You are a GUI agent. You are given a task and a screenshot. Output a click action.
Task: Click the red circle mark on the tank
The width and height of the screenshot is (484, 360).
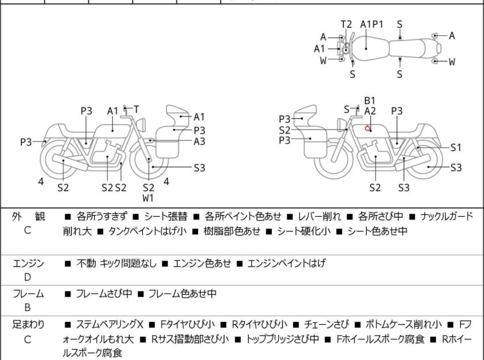click(x=367, y=128)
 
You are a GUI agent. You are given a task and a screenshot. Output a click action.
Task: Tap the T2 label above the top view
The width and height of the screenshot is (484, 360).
click(x=346, y=24)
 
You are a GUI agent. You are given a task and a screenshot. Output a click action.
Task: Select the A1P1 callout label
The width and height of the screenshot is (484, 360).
click(x=372, y=24)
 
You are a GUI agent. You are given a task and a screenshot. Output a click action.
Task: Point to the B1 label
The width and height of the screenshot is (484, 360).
click(x=369, y=101)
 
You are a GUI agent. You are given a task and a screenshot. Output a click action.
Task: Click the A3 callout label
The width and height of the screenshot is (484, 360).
click(x=199, y=141)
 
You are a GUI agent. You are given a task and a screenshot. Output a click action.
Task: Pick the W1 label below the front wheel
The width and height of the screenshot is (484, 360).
click(x=148, y=198)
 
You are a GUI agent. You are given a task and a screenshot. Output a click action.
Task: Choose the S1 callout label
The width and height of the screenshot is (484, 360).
click(x=456, y=148)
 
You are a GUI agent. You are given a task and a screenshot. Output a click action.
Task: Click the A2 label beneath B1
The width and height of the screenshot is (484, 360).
click(x=370, y=110)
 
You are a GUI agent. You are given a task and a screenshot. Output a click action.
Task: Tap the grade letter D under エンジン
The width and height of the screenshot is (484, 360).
click(x=28, y=277)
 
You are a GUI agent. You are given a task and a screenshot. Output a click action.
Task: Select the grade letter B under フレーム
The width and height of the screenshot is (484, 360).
click(x=28, y=307)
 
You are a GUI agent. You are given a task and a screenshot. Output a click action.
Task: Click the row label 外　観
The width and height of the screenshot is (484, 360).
click(x=28, y=216)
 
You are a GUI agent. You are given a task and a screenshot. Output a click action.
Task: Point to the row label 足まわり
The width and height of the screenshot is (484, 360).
click(x=28, y=325)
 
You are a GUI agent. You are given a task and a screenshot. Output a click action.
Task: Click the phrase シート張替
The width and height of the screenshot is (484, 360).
click(x=166, y=216)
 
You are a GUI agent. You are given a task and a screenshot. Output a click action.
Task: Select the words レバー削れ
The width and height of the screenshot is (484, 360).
click(x=319, y=216)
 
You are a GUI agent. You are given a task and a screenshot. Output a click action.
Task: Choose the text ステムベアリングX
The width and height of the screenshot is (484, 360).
click(x=110, y=325)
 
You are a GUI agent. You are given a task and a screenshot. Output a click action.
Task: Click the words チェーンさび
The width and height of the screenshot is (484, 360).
click(x=326, y=325)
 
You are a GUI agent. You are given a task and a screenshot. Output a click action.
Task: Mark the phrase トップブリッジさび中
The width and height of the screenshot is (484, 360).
click(x=283, y=339)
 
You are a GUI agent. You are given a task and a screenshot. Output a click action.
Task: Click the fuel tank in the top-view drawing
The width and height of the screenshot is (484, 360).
click(x=370, y=49)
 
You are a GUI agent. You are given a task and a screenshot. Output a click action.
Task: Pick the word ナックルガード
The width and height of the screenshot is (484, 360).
click(x=447, y=216)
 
